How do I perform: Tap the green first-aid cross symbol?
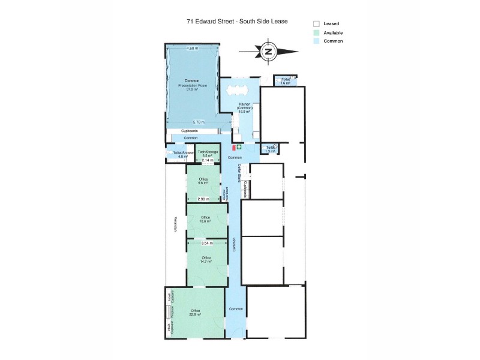coord(238,146)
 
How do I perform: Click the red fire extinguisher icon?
coord(233,146)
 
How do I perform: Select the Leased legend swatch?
coord(315,23)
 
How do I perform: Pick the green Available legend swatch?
coord(315,32)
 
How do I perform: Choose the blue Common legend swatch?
coord(315,41)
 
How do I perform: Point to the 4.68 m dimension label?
coord(192,48)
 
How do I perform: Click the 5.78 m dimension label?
coord(191,122)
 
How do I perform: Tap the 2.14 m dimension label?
coord(207,161)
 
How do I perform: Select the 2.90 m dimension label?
coord(204,199)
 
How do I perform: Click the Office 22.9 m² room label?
coord(195,312)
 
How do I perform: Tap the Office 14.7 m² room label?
coord(206,259)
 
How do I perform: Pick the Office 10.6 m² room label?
coord(206,219)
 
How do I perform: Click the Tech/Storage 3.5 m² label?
coord(208,154)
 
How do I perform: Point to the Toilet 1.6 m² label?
coord(286,81)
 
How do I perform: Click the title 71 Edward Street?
coord(236,21)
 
